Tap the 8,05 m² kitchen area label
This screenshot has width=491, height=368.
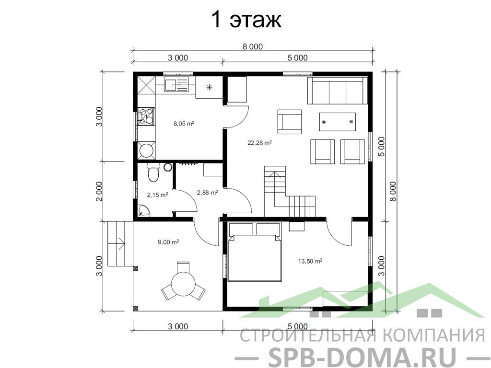coord(184,124)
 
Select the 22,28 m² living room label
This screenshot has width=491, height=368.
coord(259,143)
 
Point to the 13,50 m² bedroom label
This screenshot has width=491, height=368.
coord(310,261)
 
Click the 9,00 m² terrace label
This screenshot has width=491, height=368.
coord(168,242)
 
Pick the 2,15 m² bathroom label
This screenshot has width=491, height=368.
coord(157,195)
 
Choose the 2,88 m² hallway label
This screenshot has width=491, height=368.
coord(207,193)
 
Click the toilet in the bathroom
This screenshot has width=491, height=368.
coord(153,172)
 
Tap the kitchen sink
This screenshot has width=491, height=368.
coord(175,85)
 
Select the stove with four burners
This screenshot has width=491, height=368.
coord(146,116)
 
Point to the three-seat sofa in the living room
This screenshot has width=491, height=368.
coord(337,91)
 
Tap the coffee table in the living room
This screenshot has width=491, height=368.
coord(337,122)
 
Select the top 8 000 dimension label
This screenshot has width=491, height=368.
coord(253,46)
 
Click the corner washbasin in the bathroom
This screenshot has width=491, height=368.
coord(144,211)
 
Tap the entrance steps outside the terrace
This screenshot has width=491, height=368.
coord(116,244)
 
